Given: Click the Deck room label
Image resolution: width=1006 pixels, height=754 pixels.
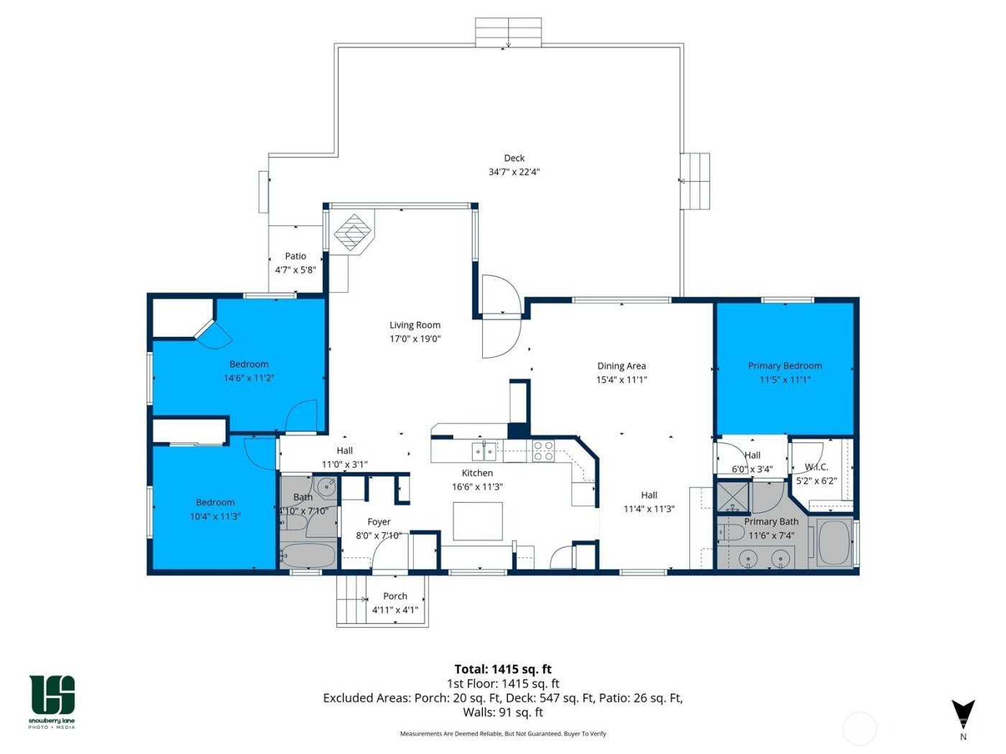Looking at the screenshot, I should click(x=514, y=158).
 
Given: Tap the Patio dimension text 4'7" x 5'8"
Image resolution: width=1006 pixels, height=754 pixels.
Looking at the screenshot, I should click(x=295, y=270).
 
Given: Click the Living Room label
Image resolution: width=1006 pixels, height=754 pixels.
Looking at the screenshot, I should click(x=415, y=325).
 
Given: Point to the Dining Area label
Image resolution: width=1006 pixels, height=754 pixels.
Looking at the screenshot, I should click(x=621, y=366).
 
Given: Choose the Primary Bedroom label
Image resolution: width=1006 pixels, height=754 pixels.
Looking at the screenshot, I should click(x=785, y=366).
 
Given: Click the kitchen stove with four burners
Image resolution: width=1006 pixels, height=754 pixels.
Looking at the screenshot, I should click(x=543, y=451).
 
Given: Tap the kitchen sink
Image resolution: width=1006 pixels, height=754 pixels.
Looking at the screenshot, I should click(x=484, y=451).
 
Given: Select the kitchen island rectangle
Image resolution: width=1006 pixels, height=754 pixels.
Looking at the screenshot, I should click(x=477, y=521).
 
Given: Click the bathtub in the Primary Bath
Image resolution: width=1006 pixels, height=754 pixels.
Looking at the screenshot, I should click(x=834, y=542).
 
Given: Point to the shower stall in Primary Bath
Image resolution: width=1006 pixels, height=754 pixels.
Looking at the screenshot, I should click(x=732, y=497).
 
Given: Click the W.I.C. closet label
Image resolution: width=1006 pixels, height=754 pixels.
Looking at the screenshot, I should click(x=816, y=467).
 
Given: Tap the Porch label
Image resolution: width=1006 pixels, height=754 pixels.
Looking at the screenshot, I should click(x=395, y=596).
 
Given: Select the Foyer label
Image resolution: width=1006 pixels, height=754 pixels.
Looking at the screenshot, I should click(x=379, y=522).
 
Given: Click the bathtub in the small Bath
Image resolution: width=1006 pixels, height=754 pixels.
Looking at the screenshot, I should click(x=308, y=556).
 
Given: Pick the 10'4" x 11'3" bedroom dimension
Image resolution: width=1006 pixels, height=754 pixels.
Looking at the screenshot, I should click(x=215, y=516).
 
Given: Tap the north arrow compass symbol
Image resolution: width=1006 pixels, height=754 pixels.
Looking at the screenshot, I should click(x=963, y=714).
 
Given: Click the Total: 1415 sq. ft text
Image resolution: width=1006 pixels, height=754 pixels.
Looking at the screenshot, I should click(x=503, y=669).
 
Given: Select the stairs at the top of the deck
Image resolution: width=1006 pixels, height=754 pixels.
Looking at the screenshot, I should click(x=508, y=33).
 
